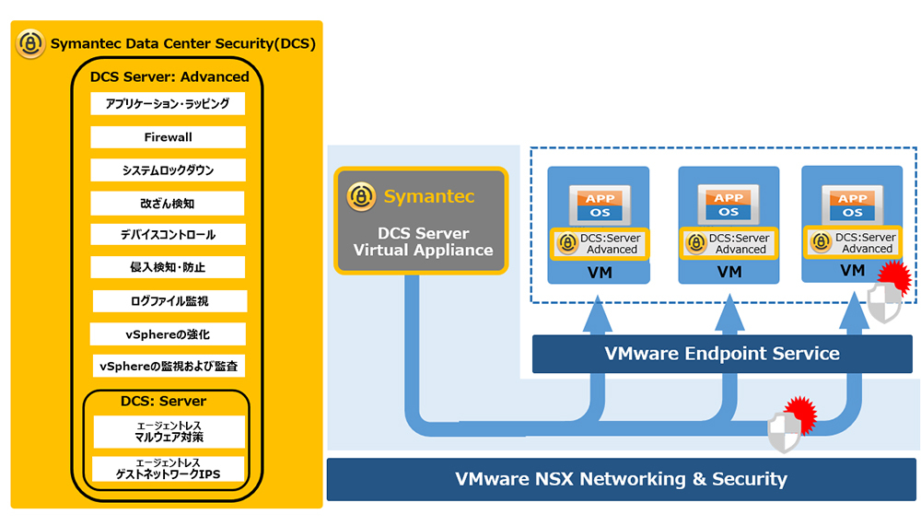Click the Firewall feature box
point(168,137)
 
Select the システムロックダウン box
point(168,170)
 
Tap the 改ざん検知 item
point(168,203)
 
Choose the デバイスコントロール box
point(168,234)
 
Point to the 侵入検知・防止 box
point(168,267)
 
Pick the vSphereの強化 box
point(168,333)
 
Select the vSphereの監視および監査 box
point(168,366)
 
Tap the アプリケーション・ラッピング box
point(168,104)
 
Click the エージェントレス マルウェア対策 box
point(168,431)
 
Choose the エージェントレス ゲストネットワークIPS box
point(168,469)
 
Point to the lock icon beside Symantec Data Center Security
point(30,43)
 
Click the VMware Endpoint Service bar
point(721,354)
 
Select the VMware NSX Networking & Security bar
point(621,479)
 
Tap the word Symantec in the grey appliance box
point(429,196)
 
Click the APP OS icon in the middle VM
point(729,205)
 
